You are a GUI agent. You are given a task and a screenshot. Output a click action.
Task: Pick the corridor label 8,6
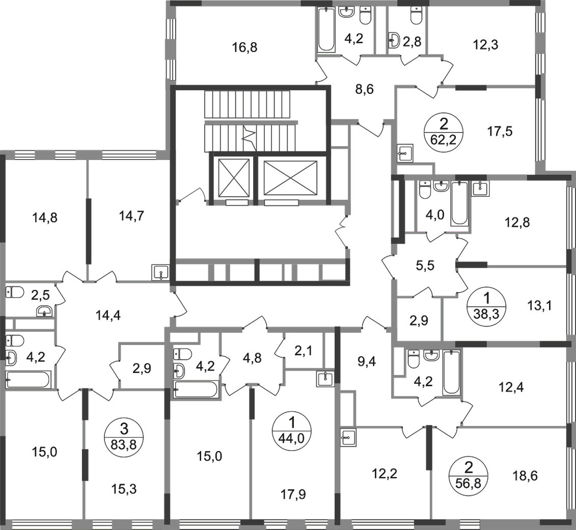coord(365,90)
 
